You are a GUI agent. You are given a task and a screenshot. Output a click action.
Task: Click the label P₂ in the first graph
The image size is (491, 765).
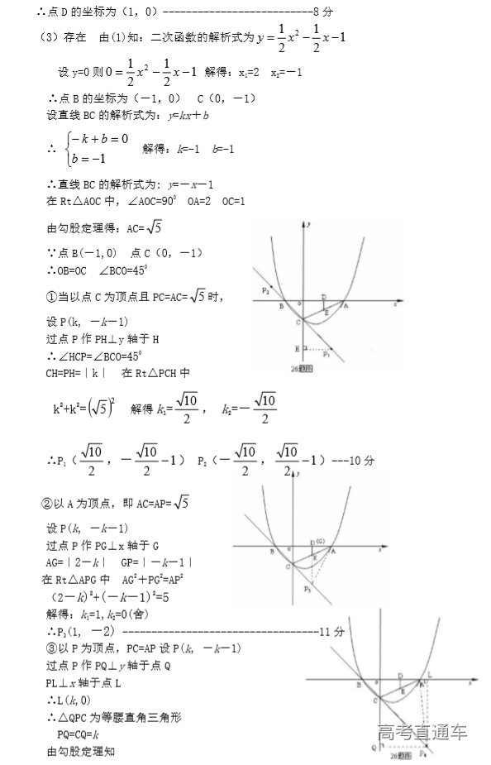point(265,290)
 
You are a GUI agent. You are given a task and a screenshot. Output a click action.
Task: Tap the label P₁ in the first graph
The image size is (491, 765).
point(327,355)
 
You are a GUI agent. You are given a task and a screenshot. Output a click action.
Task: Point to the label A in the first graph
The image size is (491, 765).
point(346,305)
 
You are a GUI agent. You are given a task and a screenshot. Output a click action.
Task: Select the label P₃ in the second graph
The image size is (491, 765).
point(307,588)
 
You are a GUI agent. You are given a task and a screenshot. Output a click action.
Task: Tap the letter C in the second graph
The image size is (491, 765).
point(290,567)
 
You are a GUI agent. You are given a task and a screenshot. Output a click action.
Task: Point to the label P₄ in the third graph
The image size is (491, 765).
point(423,754)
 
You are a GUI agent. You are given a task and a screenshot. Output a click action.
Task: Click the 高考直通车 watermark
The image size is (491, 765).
point(422,732)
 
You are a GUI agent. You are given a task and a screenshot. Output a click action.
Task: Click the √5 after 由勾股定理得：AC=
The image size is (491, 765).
point(155,227)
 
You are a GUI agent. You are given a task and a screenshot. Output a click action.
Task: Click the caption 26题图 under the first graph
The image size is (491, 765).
point(302,369)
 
